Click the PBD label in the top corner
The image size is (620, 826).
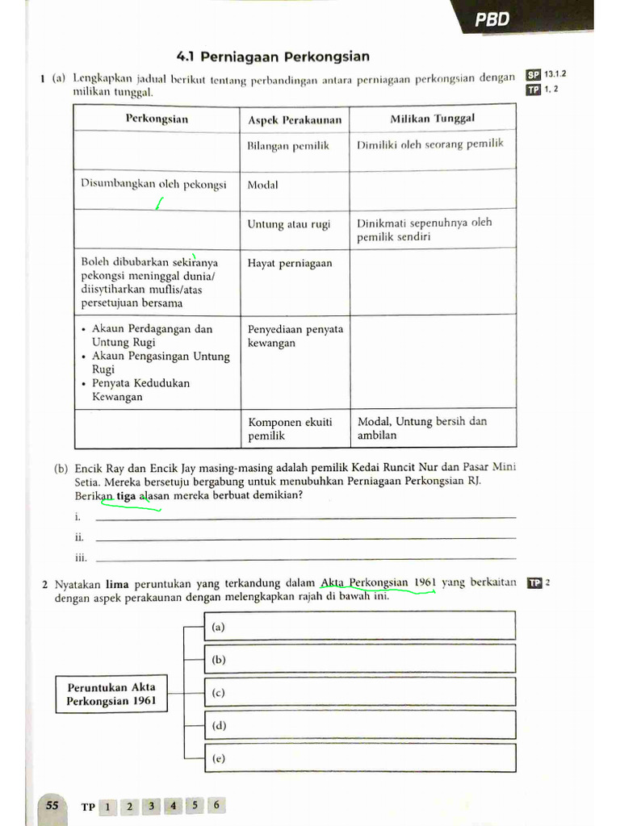(x=492, y=19)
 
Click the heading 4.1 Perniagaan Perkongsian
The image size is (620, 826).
(x=273, y=56)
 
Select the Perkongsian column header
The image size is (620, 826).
(x=157, y=119)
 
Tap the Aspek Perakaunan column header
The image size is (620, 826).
(x=295, y=120)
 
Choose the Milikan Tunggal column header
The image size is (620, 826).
(x=432, y=119)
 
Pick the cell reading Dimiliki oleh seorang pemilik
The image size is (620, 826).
(x=430, y=144)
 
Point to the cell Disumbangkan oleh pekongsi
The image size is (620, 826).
(x=153, y=184)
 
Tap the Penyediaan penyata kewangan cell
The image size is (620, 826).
(x=295, y=336)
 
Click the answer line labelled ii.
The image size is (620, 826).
(x=305, y=536)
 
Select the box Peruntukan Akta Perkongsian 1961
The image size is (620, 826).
(x=111, y=694)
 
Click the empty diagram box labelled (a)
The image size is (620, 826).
(x=359, y=626)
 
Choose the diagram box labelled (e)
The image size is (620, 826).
(x=359, y=758)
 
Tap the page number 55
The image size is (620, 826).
(x=52, y=805)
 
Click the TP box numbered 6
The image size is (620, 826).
(x=216, y=805)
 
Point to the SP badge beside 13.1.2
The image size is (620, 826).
(x=533, y=75)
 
